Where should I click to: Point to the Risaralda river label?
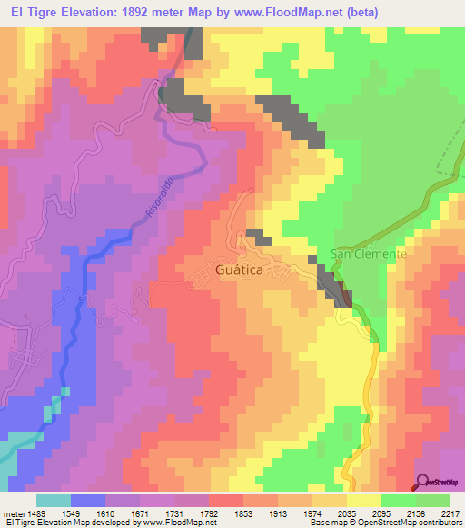tap(160, 196)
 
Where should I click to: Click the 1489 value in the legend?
tap(36, 513)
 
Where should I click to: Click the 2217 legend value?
tap(450, 513)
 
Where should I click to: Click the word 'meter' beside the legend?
tap(13, 513)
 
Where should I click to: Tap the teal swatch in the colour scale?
tap(54, 500)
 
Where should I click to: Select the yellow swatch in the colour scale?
tap(364, 500)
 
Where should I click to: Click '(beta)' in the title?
tap(358, 11)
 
